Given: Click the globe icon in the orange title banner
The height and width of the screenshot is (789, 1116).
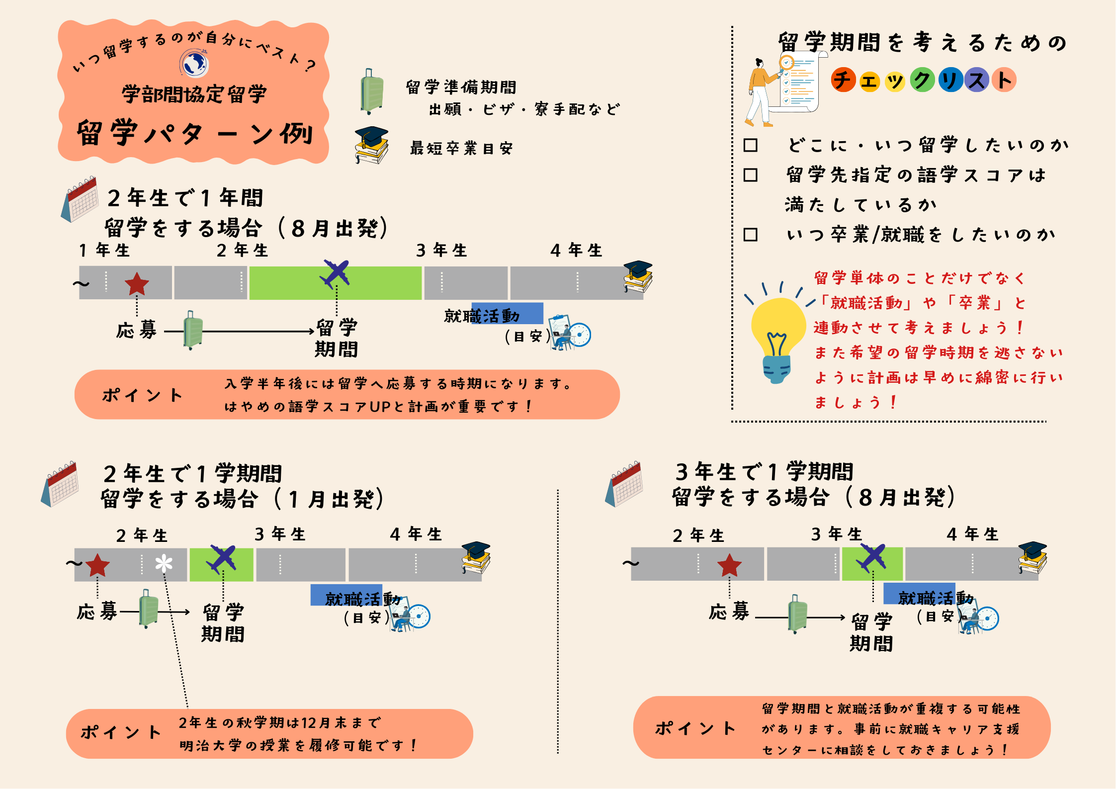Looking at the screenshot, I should (x=194, y=64).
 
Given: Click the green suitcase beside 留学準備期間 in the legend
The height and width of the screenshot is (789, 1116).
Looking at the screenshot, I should (x=372, y=92).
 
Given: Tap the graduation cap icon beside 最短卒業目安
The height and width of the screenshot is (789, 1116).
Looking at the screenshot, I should (x=372, y=145).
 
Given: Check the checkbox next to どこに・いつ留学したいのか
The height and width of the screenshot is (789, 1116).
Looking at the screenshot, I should (x=750, y=145).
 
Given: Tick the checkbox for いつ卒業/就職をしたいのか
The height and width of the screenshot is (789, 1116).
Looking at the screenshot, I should (x=750, y=235).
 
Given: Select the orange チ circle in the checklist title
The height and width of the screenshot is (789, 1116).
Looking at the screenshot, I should (x=843, y=80).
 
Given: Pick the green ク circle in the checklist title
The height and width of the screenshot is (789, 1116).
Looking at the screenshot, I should (x=923, y=80).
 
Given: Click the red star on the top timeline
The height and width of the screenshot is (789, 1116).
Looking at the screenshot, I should (x=137, y=284).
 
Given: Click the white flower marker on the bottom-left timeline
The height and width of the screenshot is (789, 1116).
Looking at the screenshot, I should (x=164, y=564).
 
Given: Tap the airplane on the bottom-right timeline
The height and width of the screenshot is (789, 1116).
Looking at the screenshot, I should (x=871, y=558).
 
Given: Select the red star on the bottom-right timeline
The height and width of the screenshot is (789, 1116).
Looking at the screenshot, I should (x=729, y=565).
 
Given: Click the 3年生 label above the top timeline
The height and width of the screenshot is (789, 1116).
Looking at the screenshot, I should (x=441, y=250).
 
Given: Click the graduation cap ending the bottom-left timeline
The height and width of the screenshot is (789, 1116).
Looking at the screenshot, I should (x=476, y=557).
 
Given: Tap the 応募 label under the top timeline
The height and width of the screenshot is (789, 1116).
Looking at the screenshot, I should (x=136, y=330).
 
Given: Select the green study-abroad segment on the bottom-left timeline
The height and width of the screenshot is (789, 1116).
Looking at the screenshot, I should (x=222, y=565).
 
